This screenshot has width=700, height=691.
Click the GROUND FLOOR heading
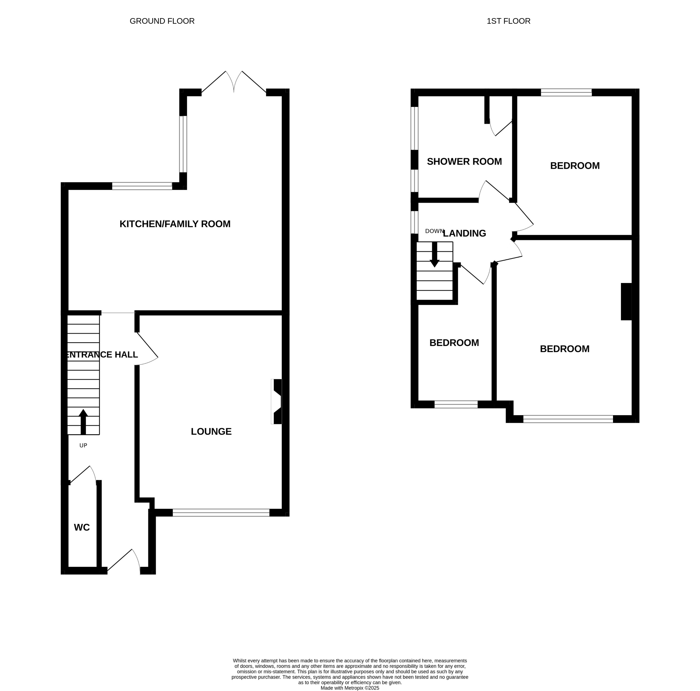tap(162, 21)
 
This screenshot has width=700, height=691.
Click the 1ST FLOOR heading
tap(508, 21)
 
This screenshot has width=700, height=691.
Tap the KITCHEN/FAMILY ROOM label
tap(175, 224)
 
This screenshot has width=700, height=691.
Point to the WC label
tap(82, 527)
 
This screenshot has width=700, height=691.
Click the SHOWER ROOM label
tap(464, 162)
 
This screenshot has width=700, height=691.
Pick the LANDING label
tap(465, 233)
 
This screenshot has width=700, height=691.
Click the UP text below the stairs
tap(83, 445)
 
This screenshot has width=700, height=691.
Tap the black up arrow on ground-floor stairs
tap(83, 421)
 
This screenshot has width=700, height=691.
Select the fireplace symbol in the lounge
tap(277, 401)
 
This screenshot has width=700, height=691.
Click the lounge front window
tap(221, 512)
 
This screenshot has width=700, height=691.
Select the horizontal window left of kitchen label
tap(142, 186)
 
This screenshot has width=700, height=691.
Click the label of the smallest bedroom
tap(454, 342)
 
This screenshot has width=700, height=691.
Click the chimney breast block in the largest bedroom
tap(626, 302)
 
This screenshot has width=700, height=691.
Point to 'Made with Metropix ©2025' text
tap(350, 688)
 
